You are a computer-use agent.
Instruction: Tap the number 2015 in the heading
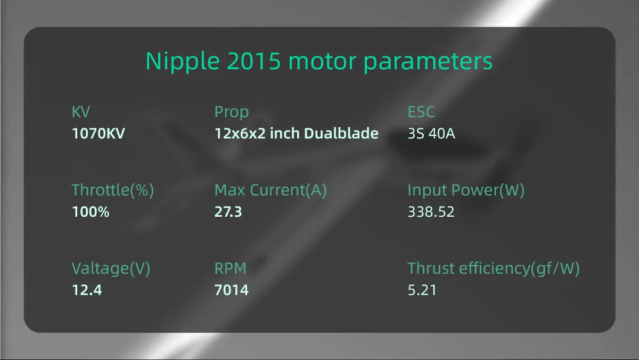tap(253, 62)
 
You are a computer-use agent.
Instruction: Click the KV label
tap(81, 112)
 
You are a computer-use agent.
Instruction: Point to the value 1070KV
tap(98, 133)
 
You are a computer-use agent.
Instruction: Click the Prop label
tap(232, 112)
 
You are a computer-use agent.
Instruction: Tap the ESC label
tap(421, 112)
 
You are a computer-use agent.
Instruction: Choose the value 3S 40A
tap(431, 133)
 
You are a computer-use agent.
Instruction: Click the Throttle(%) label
tap(113, 190)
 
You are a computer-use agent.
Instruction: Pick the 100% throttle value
tap(91, 212)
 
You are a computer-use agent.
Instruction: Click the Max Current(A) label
tap(271, 190)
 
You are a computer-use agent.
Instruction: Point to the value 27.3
tap(228, 212)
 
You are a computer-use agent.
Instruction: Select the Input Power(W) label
tap(466, 190)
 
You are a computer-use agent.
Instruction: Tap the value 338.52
tap(431, 212)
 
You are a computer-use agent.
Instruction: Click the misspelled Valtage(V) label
tap(111, 269)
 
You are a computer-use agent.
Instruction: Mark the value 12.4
tap(87, 290)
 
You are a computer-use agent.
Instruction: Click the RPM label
tap(231, 269)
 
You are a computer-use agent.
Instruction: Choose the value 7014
tap(232, 290)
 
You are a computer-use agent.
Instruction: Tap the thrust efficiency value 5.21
tap(422, 290)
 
